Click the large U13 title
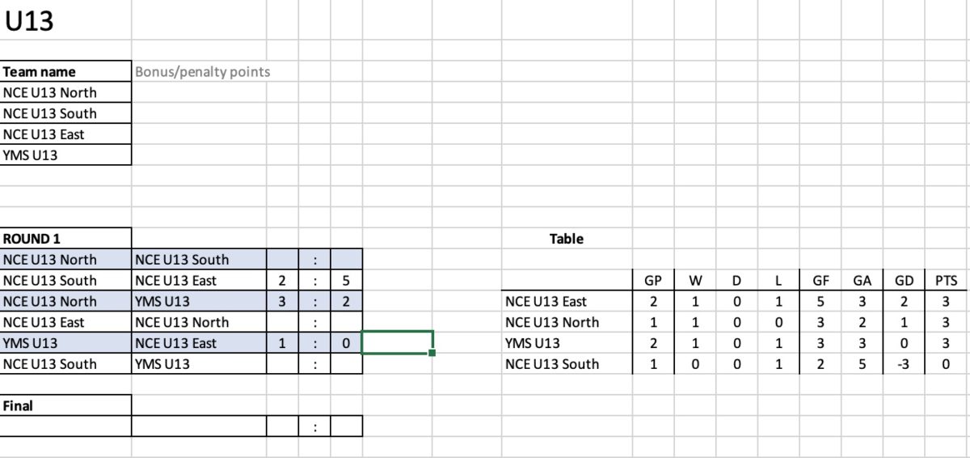29,21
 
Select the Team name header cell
40,71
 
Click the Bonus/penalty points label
202,71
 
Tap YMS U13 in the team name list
30,155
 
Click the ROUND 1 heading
32,239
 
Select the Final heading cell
18,405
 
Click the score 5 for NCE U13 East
346,280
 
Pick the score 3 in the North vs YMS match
282,301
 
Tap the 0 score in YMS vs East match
346,343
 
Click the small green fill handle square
432,353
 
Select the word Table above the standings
567,239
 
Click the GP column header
653,280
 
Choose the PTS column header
947,280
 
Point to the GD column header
905,280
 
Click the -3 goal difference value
904,364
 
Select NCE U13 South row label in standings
552,364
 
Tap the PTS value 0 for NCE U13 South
946,364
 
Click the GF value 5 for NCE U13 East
820,301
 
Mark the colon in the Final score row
314,427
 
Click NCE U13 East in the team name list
44,134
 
